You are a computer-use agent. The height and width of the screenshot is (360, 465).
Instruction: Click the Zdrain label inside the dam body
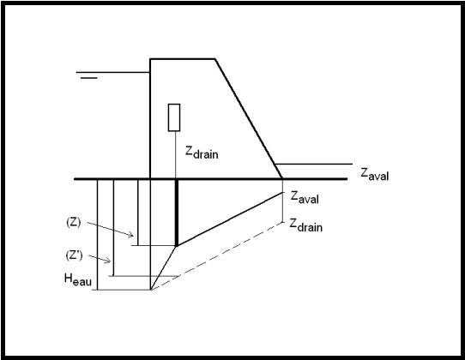tap(202, 153)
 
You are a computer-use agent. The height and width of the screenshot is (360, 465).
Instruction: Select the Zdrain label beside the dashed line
tap(305, 225)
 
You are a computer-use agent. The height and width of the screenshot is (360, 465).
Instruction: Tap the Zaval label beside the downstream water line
tap(375, 174)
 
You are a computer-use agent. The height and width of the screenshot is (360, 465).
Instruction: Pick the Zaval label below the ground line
tap(305, 197)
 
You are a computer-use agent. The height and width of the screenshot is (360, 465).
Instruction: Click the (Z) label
tap(73, 222)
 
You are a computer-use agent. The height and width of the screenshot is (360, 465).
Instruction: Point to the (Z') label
tap(74, 255)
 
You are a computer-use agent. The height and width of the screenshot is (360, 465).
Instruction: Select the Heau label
tap(78, 279)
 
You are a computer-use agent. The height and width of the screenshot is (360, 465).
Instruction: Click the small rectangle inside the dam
tap(174, 117)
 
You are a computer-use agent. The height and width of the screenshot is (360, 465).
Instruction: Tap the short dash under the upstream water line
tap(89, 78)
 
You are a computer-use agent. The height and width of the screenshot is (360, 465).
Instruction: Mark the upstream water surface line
tap(113, 72)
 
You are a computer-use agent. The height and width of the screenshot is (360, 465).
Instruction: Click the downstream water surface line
tap(314, 164)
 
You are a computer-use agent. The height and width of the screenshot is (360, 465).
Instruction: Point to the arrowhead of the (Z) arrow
tap(131, 236)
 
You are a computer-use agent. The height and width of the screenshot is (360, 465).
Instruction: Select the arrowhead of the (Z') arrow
tap(109, 261)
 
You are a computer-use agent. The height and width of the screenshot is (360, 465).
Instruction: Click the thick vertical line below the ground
tap(177, 213)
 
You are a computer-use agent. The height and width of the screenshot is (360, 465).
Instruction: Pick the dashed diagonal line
tap(216, 256)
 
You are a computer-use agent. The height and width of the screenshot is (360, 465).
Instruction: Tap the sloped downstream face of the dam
tap(249, 119)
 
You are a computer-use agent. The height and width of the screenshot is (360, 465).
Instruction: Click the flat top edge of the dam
tap(183, 59)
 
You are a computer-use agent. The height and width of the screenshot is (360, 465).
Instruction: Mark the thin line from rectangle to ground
tap(175, 155)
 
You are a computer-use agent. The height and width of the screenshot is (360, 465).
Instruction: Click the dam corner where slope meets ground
tap(282, 178)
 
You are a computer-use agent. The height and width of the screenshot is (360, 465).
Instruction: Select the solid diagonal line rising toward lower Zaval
tap(230, 219)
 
